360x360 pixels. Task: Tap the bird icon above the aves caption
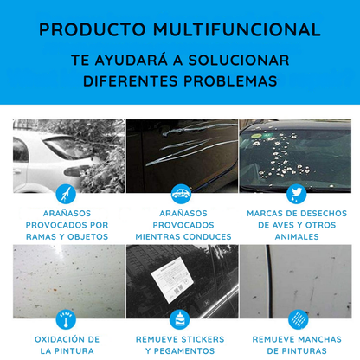(x=297, y=193)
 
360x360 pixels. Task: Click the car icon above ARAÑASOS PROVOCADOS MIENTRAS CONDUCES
(x=182, y=193)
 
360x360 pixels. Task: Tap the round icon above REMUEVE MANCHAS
(x=297, y=318)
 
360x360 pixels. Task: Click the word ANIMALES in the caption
(x=296, y=236)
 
